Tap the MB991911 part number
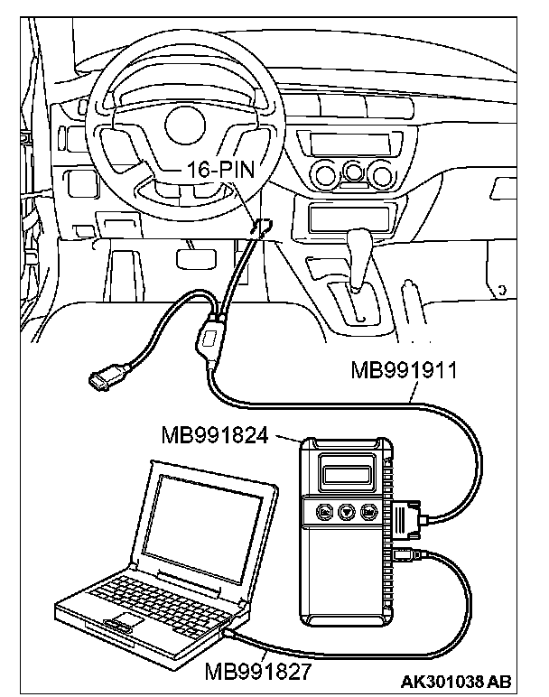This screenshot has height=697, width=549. [400, 370]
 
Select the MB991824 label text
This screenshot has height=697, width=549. [217, 437]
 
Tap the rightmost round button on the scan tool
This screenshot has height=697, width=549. [368, 511]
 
